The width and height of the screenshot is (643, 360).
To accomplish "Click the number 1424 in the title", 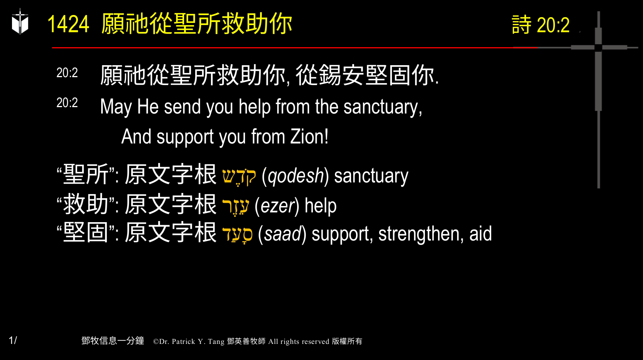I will [x=68, y=25].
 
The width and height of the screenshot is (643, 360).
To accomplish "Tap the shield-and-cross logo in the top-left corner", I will [x=20, y=22].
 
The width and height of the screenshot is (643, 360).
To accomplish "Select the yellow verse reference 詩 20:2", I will [x=540, y=25].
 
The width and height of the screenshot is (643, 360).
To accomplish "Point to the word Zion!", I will [x=310, y=137].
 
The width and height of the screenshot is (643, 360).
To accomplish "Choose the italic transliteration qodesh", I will [x=296, y=176].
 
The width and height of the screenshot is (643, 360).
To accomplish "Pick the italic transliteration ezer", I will [x=277, y=206].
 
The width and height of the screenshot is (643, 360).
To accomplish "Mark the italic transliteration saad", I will [x=283, y=234].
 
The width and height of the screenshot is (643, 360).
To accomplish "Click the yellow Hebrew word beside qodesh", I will [x=239, y=176].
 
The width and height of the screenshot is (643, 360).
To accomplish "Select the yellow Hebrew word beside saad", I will [x=238, y=235].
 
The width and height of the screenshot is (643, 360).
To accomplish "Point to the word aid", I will [x=480, y=234].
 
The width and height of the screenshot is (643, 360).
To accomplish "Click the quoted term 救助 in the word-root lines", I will [x=86, y=205].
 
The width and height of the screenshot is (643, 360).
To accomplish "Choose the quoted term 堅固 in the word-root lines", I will [x=86, y=233].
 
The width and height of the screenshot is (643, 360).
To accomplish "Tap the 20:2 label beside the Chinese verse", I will [x=67, y=73].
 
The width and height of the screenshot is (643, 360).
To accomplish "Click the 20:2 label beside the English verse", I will [x=67, y=103].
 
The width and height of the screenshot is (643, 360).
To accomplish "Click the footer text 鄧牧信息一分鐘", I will [x=112, y=341].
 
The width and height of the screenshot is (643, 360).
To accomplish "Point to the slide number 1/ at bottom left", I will [x=13, y=340].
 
